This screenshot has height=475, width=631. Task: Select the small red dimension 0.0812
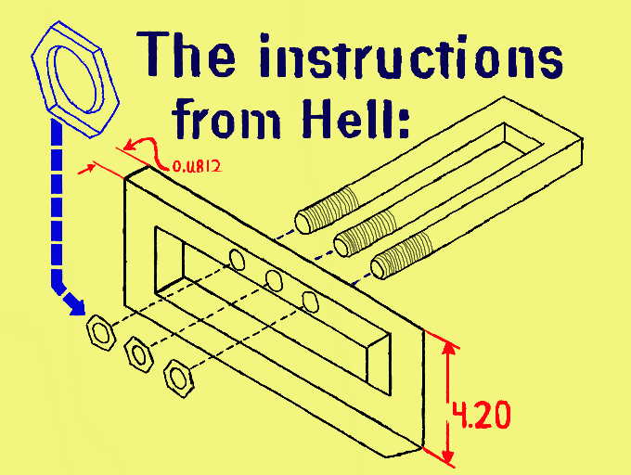click(197, 169)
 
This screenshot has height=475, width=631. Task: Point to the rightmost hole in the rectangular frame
click(310, 300)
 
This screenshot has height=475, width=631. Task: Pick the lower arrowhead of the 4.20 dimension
click(449, 456)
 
